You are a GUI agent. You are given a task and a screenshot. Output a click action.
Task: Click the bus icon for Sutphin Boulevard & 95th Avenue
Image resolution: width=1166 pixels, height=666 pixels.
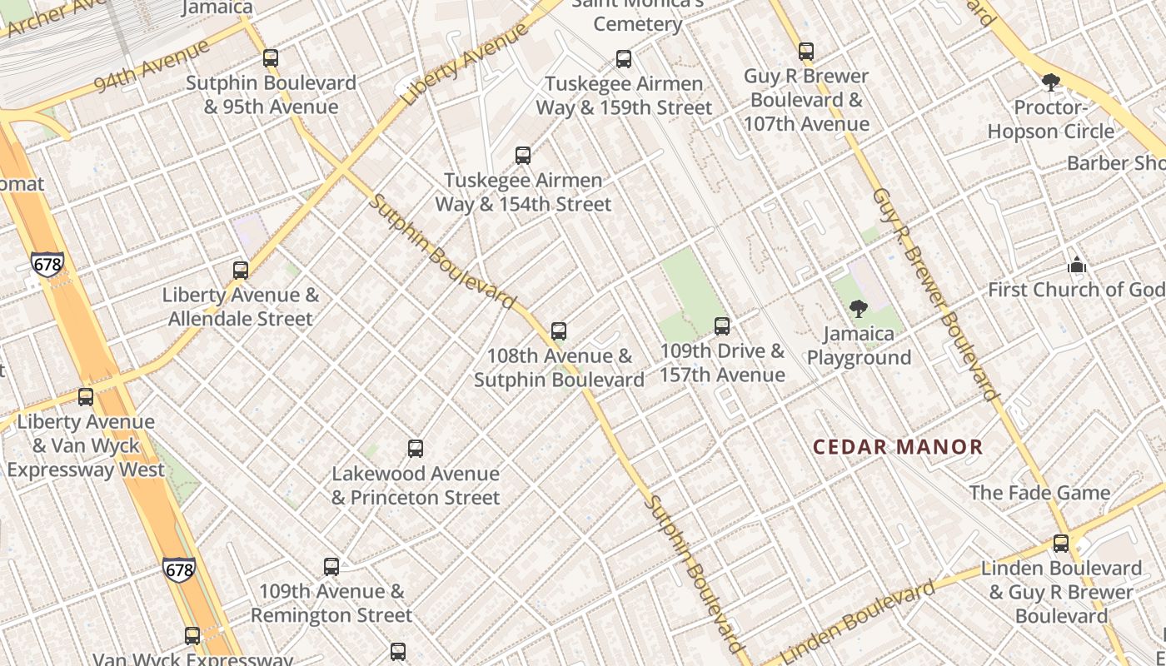point(271,58)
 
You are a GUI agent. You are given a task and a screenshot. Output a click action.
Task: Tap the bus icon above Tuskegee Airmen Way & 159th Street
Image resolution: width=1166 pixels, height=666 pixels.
point(624,59)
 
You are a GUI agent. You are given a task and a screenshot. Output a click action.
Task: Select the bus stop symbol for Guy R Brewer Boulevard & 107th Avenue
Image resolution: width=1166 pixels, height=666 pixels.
point(805,52)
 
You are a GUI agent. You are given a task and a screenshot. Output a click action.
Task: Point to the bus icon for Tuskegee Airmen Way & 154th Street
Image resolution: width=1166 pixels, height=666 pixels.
point(523,156)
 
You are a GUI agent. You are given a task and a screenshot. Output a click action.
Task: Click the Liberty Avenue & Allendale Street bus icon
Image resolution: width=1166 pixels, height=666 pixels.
point(241,271)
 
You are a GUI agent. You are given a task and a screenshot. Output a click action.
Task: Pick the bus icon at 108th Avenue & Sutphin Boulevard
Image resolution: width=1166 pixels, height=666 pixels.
point(559,331)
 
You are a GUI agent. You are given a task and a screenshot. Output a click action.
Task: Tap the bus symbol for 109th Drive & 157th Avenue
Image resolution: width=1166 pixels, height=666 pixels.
point(722,326)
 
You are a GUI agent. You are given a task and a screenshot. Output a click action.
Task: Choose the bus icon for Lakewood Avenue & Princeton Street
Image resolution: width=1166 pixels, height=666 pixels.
point(416,449)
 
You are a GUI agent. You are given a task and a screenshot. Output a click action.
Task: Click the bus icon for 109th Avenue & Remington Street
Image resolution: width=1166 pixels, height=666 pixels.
point(331,567)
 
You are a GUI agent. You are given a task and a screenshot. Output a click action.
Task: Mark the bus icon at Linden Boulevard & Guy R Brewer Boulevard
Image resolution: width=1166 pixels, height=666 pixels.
point(1061,544)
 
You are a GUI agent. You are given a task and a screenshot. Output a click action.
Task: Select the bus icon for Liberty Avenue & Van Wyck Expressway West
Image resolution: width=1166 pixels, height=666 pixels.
point(86,397)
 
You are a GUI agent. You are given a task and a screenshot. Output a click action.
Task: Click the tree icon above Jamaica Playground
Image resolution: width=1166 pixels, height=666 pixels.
point(859,310)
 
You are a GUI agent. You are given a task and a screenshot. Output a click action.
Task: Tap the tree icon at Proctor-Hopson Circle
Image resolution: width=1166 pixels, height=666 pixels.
point(1051,82)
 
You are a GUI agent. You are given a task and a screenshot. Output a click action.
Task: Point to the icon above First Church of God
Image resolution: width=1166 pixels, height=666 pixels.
point(1077,266)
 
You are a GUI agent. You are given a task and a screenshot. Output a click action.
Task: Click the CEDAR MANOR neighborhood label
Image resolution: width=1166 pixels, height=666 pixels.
point(898,447)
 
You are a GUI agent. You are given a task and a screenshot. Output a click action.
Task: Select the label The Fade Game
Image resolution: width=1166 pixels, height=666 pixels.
point(1039,493)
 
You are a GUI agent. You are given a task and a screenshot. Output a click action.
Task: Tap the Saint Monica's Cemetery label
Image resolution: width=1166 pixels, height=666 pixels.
point(637,15)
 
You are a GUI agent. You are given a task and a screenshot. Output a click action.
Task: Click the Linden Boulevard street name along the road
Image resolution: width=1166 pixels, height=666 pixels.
point(858,621)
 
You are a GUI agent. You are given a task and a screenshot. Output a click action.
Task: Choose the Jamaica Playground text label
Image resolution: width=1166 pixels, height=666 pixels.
point(859,345)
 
